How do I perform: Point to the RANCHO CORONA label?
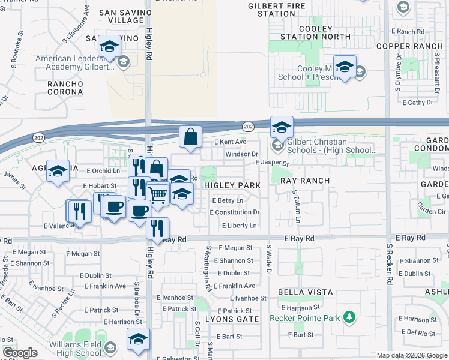coord(65,88)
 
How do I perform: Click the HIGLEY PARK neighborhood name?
coord(232,185)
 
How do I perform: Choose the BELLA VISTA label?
coord(305,292)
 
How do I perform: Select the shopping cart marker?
coord(157,194)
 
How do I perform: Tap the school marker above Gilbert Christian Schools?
coord(281,127)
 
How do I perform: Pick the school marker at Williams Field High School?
coord(138,339)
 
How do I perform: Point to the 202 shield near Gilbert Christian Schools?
coord(248,127)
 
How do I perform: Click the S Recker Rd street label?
coord(389,264)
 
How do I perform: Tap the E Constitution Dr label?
coord(234,212)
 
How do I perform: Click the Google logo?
coord(20,353)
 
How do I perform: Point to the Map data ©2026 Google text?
coord(411,355)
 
